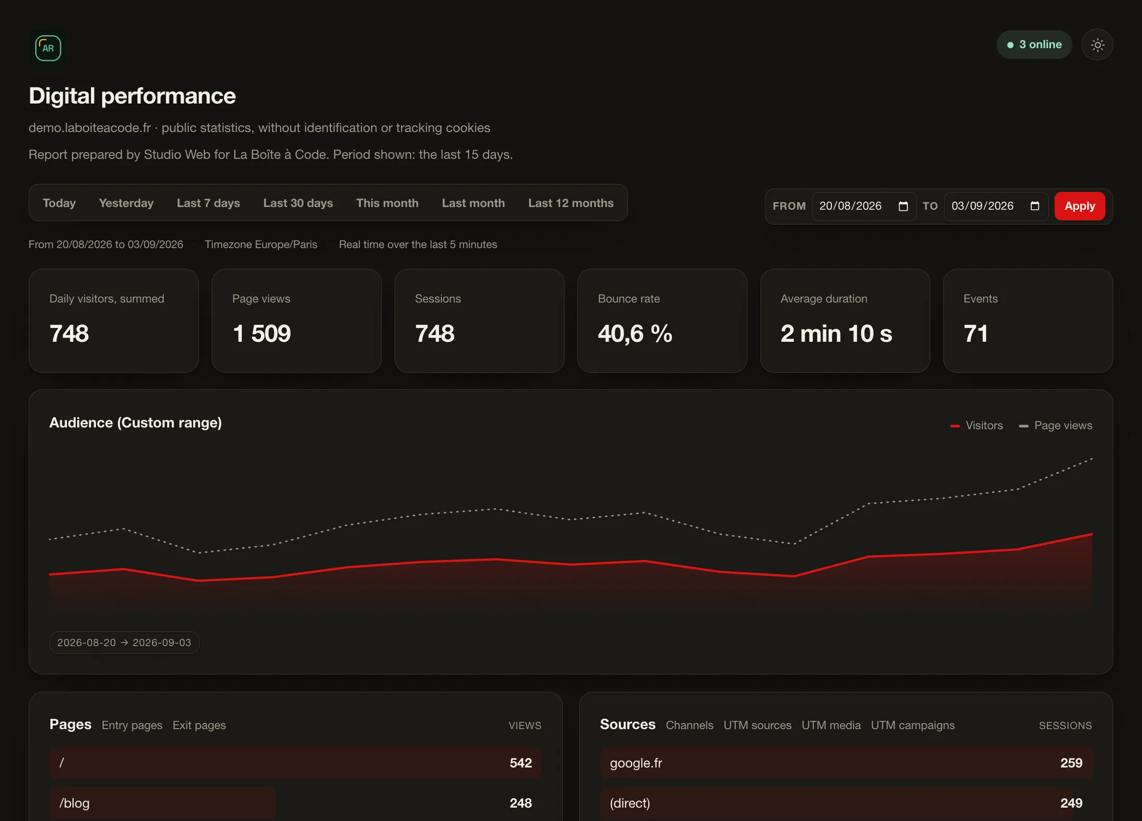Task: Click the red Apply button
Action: (x=1079, y=206)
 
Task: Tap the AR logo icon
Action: (x=48, y=48)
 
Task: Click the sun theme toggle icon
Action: (x=1097, y=45)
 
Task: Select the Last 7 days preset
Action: (x=208, y=203)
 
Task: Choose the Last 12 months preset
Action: (x=570, y=203)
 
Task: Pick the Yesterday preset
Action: (x=126, y=203)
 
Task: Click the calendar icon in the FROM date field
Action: (x=903, y=206)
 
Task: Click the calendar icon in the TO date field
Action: (x=1035, y=206)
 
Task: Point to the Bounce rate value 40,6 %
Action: (x=635, y=333)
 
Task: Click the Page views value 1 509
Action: (x=262, y=333)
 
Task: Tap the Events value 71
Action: (x=975, y=333)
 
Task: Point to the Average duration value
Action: (x=836, y=333)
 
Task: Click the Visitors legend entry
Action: (x=976, y=425)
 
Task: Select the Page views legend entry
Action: (x=1055, y=425)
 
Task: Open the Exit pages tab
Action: (x=199, y=725)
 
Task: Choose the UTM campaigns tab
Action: (x=913, y=725)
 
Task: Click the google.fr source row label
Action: (x=636, y=763)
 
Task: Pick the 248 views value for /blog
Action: (x=521, y=803)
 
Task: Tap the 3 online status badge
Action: (x=1034, y=45)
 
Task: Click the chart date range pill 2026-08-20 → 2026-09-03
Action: (x=124, y=642)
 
